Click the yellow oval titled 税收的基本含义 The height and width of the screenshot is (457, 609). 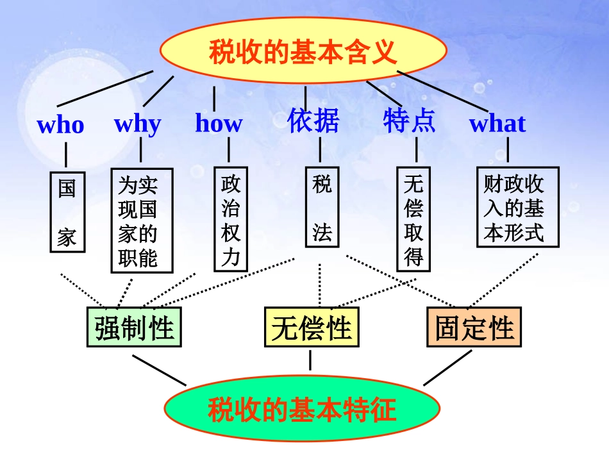pos(302,51)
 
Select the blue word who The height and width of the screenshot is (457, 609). pos(61,124)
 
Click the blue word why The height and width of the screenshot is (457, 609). pos(138,123)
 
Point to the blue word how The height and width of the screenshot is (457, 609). pos(219,123)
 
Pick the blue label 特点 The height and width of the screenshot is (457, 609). pos(410,120)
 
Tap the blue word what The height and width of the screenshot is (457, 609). pos(497,123)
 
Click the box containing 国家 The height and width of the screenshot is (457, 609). pos(67,212)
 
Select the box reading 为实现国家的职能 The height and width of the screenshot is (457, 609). pos(138,220)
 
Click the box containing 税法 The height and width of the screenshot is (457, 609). pos(322,209)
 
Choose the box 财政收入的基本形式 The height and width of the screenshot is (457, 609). pos(517,206)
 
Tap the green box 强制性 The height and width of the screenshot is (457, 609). pos(134,327)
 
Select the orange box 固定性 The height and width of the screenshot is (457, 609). pos(474,328)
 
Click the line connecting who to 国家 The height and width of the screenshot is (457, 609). pos(66,155)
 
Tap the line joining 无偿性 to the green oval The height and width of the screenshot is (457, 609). pos(311,360)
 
